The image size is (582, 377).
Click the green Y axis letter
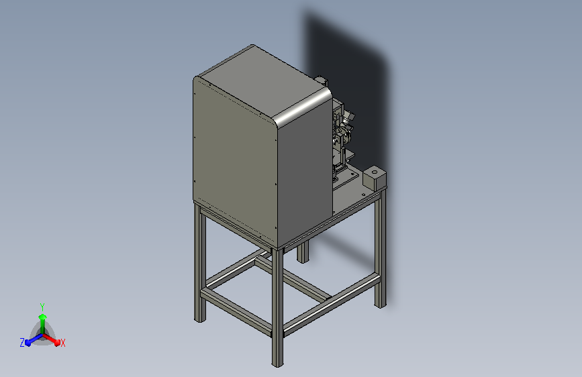click(x=42, y=307)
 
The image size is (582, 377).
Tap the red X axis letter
click(x=62, y=343)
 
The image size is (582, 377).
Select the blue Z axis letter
click(x=22, y=343)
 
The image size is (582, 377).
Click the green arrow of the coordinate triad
click(x=43, y=323)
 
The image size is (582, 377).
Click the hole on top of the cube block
click(x=375, y=172)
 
